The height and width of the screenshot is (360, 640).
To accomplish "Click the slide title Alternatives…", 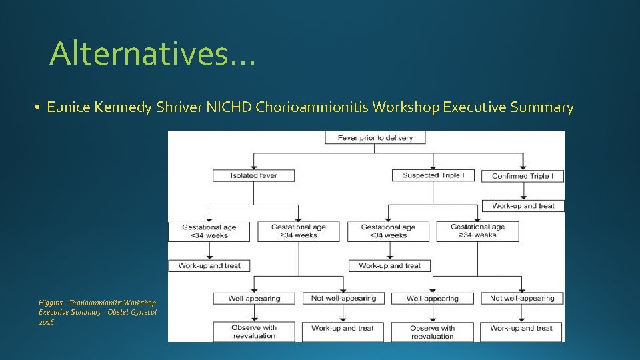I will pos(152,53).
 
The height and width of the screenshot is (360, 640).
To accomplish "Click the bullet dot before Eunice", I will pos(39,108).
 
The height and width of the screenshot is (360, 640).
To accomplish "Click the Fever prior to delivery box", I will pos(375,138).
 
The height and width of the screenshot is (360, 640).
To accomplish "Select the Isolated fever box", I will pos(253,176).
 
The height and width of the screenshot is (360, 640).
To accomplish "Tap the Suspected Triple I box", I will pos(433,175).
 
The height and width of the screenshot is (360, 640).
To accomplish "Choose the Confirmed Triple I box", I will pos(523,176).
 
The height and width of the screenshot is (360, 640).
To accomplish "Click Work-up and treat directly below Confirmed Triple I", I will pos(523,206).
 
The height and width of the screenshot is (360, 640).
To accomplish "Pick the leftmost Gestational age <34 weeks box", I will pos(209,231).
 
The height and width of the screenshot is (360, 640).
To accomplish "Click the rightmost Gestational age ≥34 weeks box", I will pos(477,231).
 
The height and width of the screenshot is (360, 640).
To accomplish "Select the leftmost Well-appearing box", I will pos(254,298).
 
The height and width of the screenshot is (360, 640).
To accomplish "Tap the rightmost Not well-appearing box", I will pos(522,298).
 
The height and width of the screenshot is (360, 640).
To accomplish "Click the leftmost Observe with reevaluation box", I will pos(254,331).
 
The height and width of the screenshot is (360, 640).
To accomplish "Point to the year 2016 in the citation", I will pos(47,322).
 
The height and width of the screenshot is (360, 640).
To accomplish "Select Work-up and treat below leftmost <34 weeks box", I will pos(209,265).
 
